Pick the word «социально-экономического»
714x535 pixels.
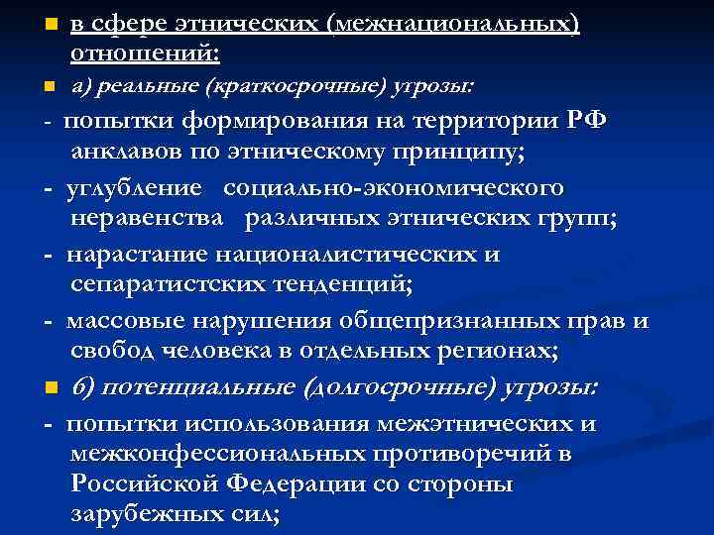pyautogui.click(x=394, y=187)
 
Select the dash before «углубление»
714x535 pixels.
pyautogui.click(x=48, y=188)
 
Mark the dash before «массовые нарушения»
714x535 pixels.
pyautogui.click(x=48, y=322)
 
